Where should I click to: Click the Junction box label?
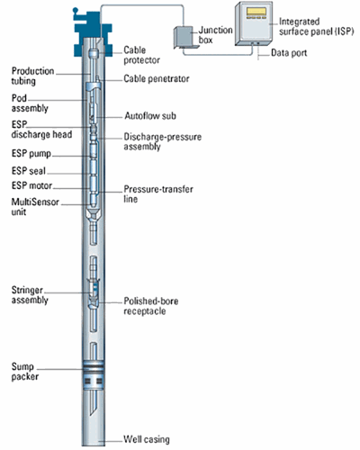pos(215,35)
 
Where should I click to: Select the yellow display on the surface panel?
pos(256,12)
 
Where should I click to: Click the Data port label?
pos(289,53)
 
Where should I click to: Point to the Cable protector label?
pos(141,55)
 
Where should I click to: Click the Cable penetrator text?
pos(157,78)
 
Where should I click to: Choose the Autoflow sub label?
pos(150,116)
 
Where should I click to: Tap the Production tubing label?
pos(32,76)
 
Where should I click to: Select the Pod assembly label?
pos(30,103)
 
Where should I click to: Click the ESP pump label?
pos(31,154)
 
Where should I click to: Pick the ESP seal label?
pos(29,171)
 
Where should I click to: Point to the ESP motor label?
pos(31,185)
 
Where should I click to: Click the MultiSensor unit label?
pos(35,207)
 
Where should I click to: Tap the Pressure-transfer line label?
pos(158,193)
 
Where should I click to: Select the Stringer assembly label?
pos(30,295)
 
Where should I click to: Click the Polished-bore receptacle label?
pos(151,306)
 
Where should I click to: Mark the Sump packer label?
pos(25,372)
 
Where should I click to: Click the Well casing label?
pos(147,439)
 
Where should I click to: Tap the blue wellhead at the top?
pos(93,33)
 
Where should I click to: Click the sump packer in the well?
pos(94,375)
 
